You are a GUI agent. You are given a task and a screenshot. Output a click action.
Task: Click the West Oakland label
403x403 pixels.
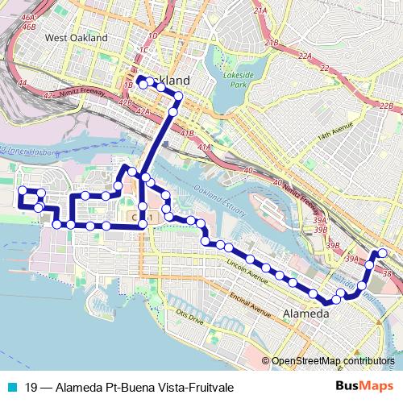click(77, 38)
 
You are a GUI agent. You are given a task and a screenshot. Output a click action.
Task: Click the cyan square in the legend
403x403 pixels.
click(10, 388)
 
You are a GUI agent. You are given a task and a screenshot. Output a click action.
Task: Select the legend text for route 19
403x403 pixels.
click(129, 388)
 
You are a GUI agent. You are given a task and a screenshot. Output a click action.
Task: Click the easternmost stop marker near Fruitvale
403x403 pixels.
click(383, 254)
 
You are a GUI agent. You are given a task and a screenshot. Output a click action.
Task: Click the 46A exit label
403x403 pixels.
click(29, 17)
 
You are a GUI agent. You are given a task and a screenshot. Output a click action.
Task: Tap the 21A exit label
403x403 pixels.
click(260, 10)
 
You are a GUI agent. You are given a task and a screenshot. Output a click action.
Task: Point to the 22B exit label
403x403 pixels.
click(387, 106)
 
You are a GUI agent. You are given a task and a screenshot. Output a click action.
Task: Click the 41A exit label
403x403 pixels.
click(205, 147)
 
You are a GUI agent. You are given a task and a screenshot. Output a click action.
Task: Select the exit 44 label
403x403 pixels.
click(23, 83)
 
